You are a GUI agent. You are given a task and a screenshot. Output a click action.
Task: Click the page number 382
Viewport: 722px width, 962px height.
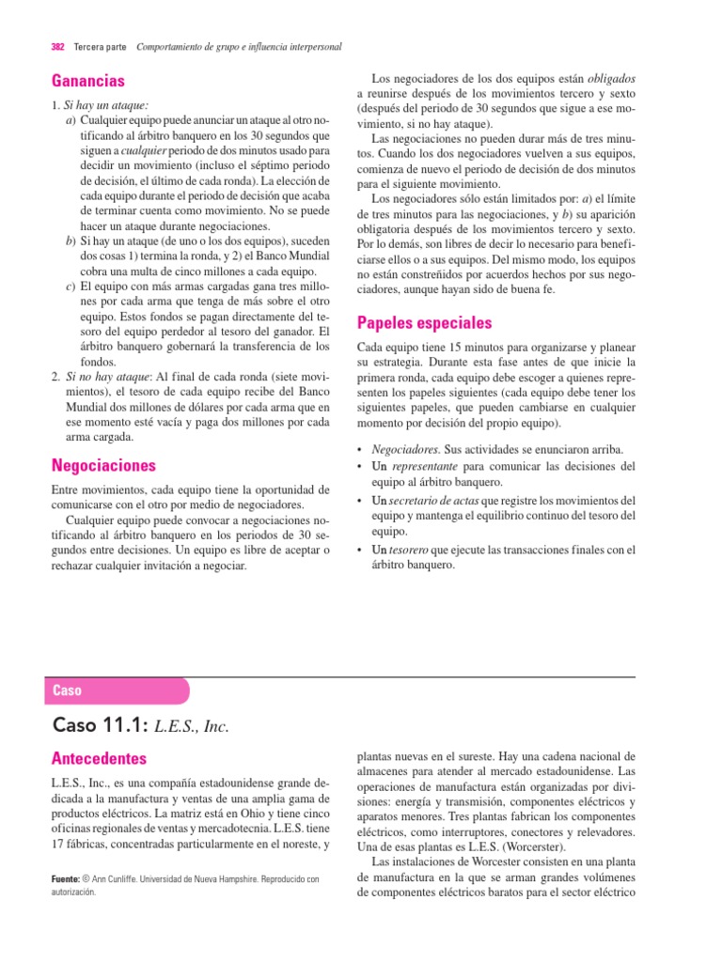point(56,47)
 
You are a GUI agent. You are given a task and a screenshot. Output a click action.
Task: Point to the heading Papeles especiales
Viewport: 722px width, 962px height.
point(424,323)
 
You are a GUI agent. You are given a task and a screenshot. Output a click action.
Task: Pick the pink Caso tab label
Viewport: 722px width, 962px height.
point(67,690)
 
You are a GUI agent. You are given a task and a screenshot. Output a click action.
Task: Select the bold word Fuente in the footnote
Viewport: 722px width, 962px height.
point(71,879)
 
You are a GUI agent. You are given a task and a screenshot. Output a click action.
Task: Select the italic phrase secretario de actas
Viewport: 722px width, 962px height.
point(432,500)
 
